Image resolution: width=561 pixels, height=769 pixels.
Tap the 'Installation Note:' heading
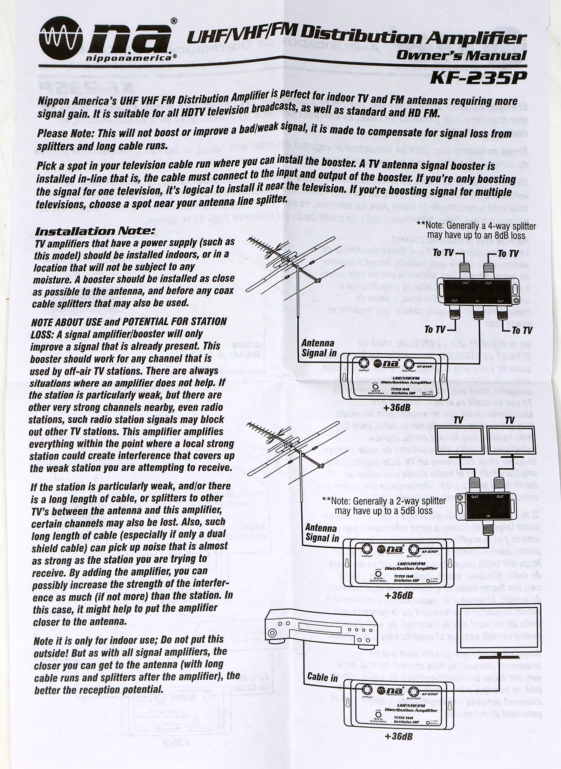pyautogui.click(x=95, y=232)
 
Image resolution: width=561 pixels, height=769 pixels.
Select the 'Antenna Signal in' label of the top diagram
pyautogui.click(x=318, y=348)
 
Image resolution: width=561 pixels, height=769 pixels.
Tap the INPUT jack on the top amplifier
pyautogui.click(x=363, y=364)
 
